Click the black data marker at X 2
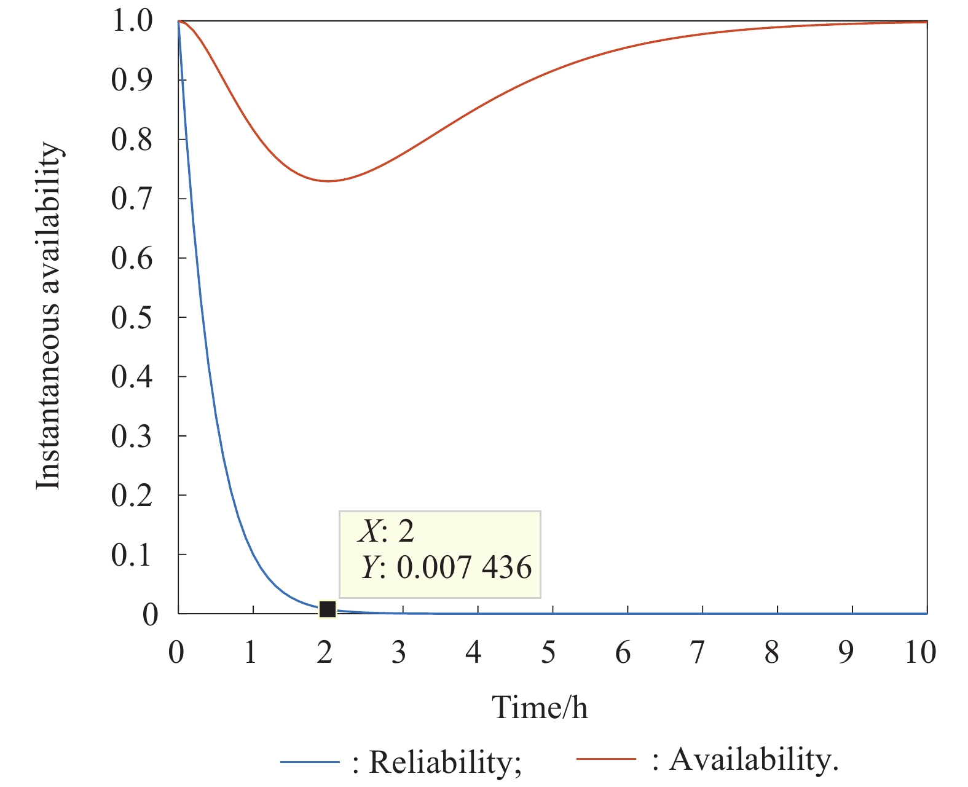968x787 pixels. [328, 609]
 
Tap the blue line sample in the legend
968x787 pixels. [310, 763]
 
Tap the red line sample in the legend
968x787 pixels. [606, 759]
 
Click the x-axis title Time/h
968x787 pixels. [540, 708]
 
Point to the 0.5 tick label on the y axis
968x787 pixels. [131, 317]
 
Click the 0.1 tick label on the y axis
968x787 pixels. [131, 555]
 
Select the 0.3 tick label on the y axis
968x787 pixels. [131, 436]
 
